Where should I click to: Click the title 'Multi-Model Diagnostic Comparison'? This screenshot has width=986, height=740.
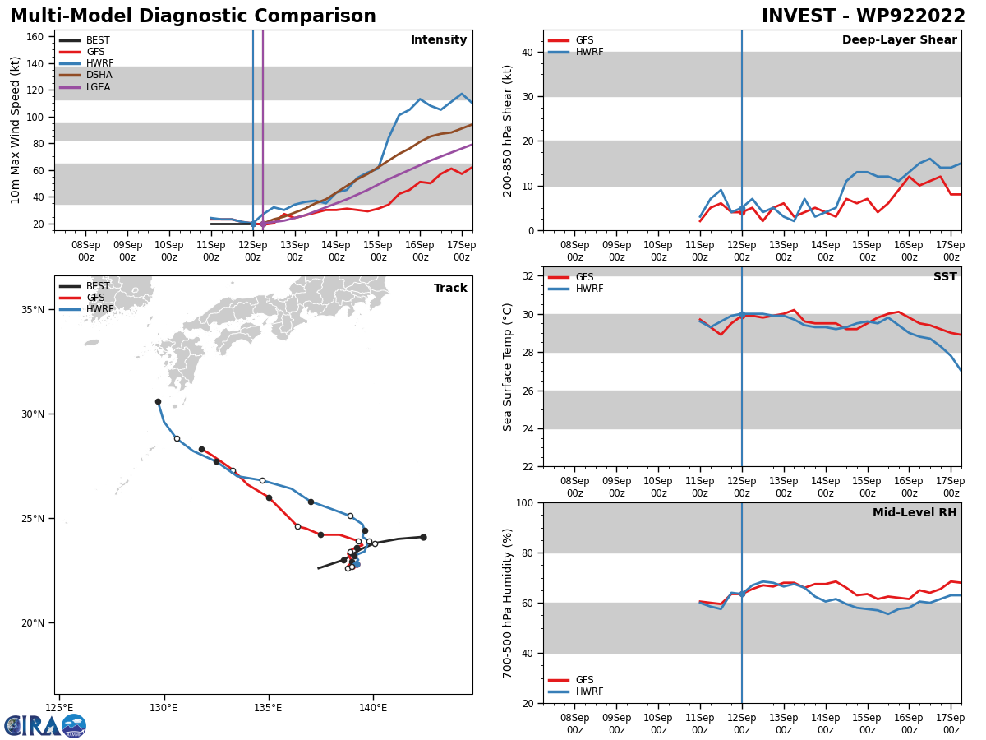(192, 16)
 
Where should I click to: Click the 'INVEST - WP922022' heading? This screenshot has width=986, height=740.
(863, 16)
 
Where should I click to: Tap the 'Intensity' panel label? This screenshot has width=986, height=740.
(439, 40)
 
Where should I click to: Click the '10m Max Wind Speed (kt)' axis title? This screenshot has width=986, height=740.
(16, 130)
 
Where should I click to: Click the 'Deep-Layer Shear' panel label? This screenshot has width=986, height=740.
(899, 40)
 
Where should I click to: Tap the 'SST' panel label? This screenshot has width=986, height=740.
(945, 277)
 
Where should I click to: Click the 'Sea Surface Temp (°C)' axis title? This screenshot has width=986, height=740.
(508, 367)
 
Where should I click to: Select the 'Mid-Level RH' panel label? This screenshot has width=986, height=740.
(915, 513)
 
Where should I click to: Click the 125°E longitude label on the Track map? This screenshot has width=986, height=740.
(59, 707)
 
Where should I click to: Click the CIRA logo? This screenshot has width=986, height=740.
(45, 725)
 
